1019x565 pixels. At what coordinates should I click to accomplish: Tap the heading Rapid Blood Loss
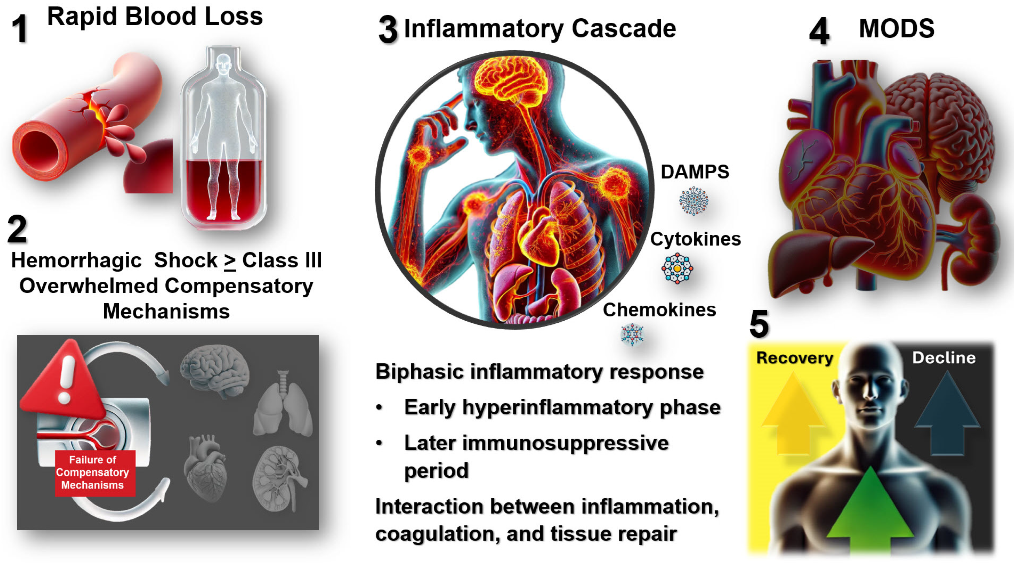[x=155, y=17]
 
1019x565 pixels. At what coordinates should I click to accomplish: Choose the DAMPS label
[x=695, y=172]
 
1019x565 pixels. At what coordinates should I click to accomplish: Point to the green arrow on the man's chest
[x=870, y=510]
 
